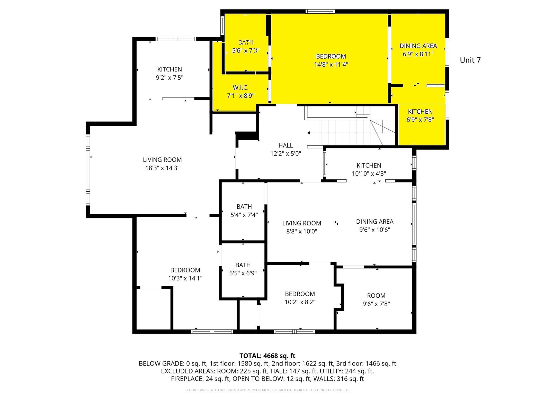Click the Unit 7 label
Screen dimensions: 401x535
click(x=470, y=60)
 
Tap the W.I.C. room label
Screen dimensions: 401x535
click(x=240, y=88)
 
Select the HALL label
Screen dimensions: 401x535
click(x=286, y=145)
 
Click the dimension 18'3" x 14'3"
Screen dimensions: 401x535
click(x=162, y=168)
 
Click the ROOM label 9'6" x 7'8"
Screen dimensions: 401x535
click(x=376, y=296)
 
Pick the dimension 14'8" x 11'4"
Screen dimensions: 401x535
click(x=331, y=65)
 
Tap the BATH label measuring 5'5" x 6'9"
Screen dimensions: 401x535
click(x=243, y=265)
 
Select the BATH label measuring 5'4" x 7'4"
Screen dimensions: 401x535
click(x=244, y=207)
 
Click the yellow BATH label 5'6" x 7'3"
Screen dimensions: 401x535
click(x=246, y=42)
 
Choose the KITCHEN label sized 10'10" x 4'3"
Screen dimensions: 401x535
click(x=369, y=166)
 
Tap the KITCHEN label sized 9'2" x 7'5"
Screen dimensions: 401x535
click(x=170, y=69)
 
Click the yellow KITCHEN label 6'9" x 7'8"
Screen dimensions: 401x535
click(x=420, y=112)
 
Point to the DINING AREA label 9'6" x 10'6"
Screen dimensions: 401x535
click(x=374, y=222)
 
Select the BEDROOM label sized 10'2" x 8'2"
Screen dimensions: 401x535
click(x=300, y=294)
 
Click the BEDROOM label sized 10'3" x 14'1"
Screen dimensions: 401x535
click(x=185, y=270)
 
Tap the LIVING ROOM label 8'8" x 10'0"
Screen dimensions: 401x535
click(x=301, y=223)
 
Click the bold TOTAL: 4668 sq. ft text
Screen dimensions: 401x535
click(x=267, y=356)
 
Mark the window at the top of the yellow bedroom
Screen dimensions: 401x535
click(x=320, y=11)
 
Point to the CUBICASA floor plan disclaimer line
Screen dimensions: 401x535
click(x=267, y=390)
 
